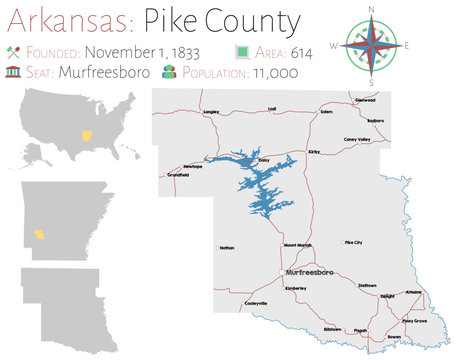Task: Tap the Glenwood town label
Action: point(366,100)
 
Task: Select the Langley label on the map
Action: point(211,112)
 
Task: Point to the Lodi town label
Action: point(272,108)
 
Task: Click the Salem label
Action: point(326,112)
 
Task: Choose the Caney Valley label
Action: point(357,139)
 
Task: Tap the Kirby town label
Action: point(313,152)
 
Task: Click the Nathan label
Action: point(227,246)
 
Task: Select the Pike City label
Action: point(353,243)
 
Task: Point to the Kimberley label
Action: point(295,288)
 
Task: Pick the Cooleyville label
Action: point(256,303)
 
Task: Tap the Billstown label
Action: point(332,329)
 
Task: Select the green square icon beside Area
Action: point(242,51)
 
